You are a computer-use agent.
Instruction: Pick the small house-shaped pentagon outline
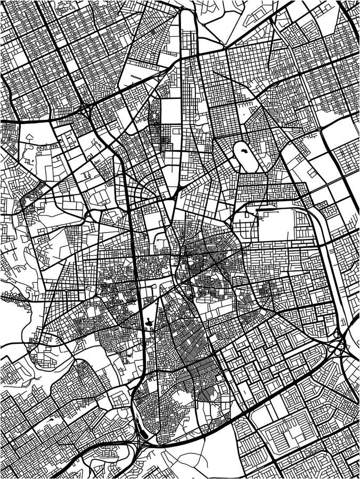tap(28, 136)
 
